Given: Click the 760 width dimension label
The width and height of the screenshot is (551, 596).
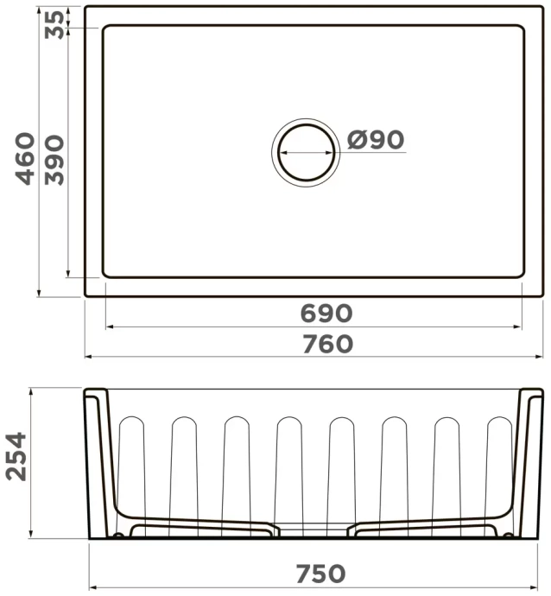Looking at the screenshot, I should [x=327, y=344].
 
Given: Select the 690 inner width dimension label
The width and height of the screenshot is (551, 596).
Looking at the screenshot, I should [x=327, y=313].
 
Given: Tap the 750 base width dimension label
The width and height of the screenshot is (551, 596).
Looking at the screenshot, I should [x=320, y=573].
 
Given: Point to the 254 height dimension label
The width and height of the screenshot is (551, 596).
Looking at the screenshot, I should [x=18, y=460].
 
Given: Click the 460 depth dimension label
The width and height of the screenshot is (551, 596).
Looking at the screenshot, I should [x=26, y=158].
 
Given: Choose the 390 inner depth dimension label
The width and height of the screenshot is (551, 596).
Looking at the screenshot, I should [x=54, y=159].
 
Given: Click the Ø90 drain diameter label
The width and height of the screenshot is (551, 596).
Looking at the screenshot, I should [x=377, y=139].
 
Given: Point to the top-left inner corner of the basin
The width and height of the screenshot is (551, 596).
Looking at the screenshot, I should [x=105, y=27].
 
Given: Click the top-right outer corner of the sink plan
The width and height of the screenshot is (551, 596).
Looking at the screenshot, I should [x=543, y=7].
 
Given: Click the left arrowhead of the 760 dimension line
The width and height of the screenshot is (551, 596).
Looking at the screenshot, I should [x=87, y=356].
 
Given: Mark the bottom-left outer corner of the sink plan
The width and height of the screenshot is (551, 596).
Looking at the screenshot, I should [x=85, y=295].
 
